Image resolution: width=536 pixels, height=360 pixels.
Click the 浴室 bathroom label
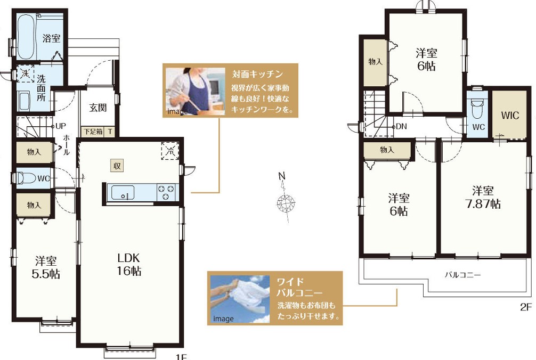pyautogui.click(x=51, y=38)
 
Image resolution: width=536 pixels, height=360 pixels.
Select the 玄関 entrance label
pyautogui.click(x=98, y=108)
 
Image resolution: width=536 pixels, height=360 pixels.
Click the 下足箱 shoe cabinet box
pyautogui.click(x=93, y=132)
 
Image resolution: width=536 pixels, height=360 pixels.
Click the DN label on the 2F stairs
pyautogui.click(x=401, y=126)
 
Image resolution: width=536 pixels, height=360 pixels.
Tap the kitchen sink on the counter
pyautogui.click(x=123, y=193)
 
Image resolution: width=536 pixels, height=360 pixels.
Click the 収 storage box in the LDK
pyautogui.click(x=117, y=166)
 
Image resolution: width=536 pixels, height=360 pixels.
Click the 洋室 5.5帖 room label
pyautogui.click(x=46, y=267)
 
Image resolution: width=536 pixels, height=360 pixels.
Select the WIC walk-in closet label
pyautogui.click(x=510, y=116)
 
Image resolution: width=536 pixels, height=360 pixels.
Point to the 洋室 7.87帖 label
pyautogui.click(x=483, y=197)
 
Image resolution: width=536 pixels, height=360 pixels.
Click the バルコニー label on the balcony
pyautogui.click(x=462, y=275)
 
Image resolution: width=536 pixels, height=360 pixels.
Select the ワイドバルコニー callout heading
pyautogui.click(x=299, y=287)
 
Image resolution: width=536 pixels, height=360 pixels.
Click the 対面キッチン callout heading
pyautogui.click(x=257, y=74)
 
